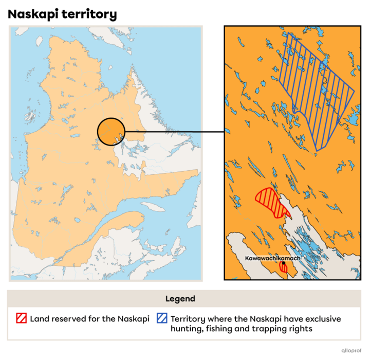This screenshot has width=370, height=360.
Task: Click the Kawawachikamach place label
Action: pos(272,258)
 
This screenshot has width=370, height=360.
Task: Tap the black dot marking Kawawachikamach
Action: pos(283,263)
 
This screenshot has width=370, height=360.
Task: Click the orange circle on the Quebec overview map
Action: pos(110,131)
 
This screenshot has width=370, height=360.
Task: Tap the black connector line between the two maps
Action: pos(164,132)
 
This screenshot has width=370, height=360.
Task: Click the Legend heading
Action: pos(180,299)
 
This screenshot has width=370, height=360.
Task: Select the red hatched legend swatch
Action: pos(21,318)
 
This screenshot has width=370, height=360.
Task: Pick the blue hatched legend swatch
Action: pos(162,318)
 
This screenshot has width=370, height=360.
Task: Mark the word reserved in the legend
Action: pos(69,319)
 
